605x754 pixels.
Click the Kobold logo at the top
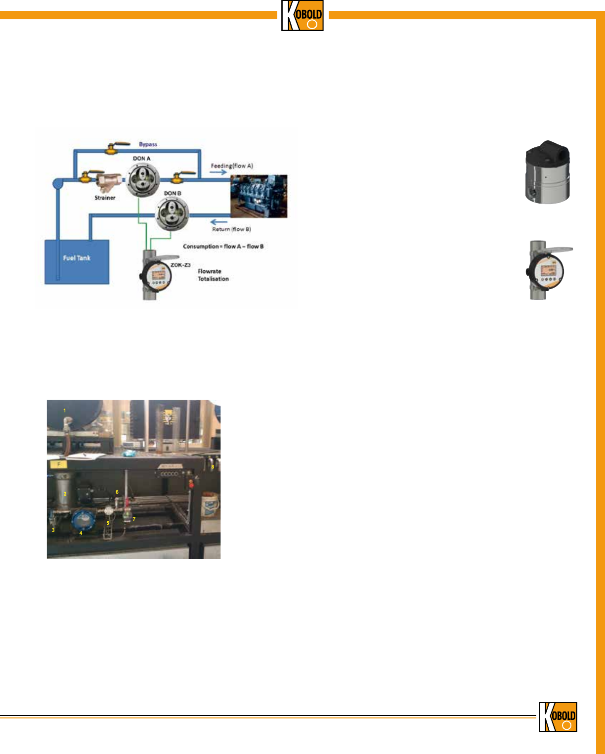point(302,16)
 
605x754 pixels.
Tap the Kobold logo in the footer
point(558,717)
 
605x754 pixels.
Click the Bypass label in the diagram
point(148,144)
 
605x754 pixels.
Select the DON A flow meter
point(142,181)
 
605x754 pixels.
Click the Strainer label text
point(105,198)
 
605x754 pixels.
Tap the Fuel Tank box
point(77,261)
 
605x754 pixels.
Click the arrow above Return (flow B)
point(219,222)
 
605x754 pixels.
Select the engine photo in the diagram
point(259,196)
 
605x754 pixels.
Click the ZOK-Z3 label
point(180,265)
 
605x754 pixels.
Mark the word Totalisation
point(214,279)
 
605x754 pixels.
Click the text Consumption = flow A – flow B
point(223,246)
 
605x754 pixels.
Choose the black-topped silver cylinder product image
point(547,171)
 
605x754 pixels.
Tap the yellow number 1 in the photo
point(64,411)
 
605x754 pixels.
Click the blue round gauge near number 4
point(84,521)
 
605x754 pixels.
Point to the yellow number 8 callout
point(213,466)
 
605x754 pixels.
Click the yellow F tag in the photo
point(59,464)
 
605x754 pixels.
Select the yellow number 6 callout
point(117,492)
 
